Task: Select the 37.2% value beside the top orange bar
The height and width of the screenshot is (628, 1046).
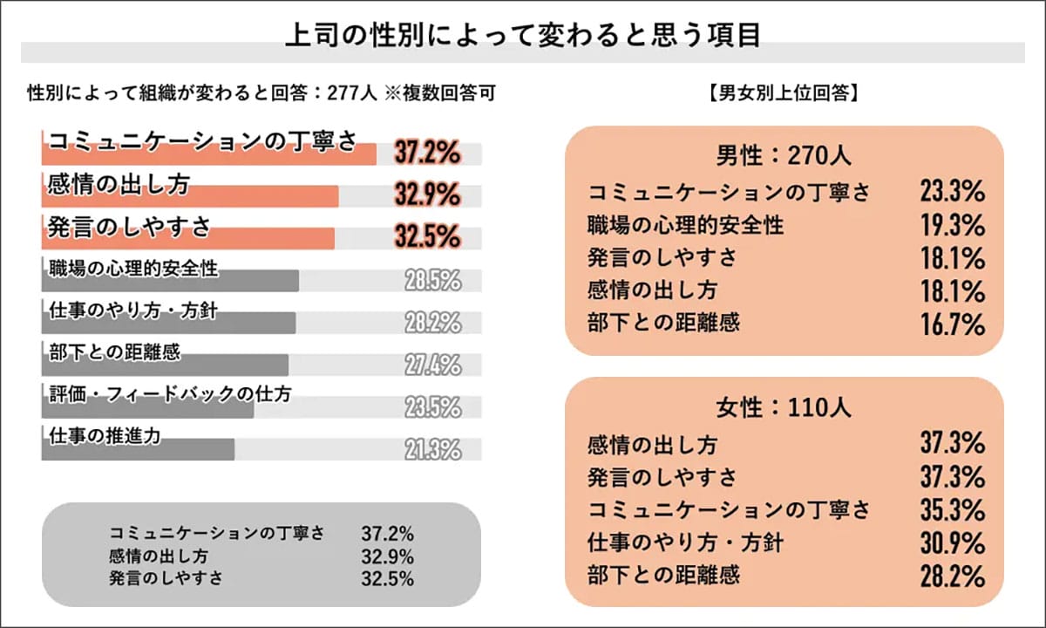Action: pos(426,154)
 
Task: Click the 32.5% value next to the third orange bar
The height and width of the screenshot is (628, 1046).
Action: pos(426,236)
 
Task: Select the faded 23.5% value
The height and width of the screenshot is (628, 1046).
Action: pos(432,407)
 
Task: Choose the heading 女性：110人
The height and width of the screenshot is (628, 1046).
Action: pos(784,406)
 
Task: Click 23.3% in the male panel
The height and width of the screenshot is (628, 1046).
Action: pos(953,192)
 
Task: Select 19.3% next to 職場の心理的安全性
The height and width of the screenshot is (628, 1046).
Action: pos(953,225)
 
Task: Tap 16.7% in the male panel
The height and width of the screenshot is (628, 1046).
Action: pos(953,324)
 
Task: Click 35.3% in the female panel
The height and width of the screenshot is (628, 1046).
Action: pos(953,509)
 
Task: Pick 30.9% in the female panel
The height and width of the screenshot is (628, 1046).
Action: pos(953,543)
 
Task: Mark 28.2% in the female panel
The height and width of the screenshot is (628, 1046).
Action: pos(953,577)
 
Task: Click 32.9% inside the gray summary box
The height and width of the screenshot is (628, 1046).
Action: pos(387,556)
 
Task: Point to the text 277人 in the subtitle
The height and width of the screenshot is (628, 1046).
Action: pos(357,92)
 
